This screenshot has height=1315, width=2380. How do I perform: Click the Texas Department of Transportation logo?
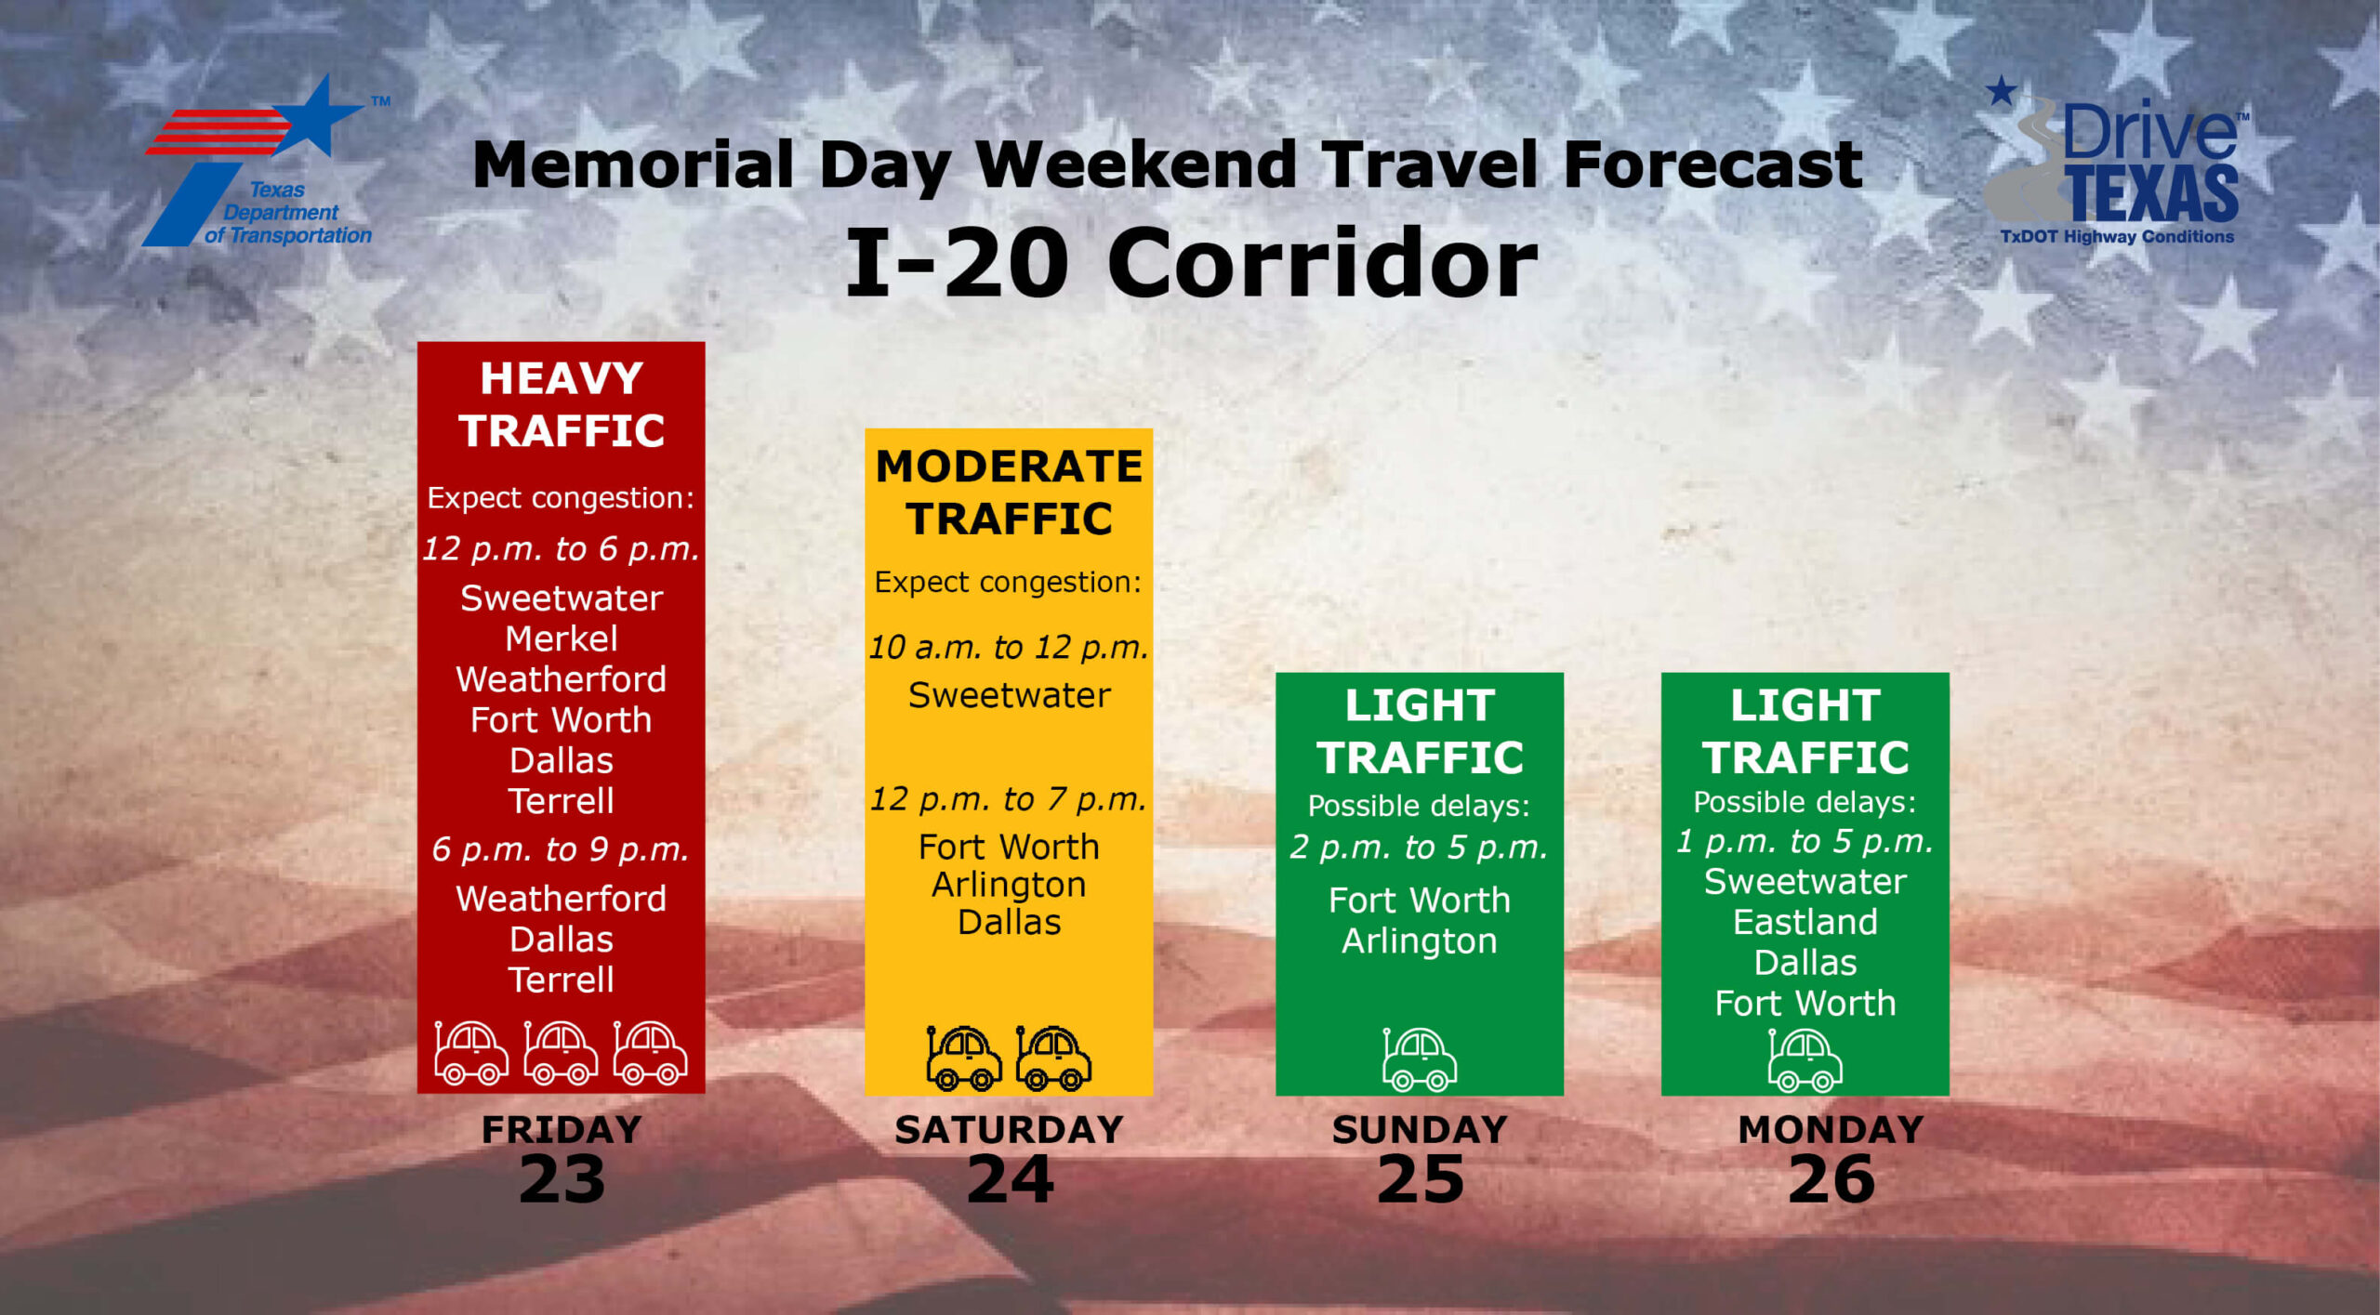click(265, 162)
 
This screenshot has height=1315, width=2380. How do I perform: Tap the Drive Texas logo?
click(2115, 163)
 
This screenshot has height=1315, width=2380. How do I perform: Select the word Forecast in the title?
click(1713, 164)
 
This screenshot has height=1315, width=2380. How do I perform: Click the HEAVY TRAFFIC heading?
click(562, 404)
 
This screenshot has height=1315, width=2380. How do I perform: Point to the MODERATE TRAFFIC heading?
click(1009, 492)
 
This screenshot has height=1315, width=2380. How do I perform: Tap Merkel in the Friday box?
click(562, 638)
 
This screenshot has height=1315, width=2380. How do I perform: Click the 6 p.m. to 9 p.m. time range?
click(561, 849)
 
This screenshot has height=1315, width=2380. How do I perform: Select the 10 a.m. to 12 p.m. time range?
click(1009, 647)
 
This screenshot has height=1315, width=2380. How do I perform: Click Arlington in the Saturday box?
click(1009, 886)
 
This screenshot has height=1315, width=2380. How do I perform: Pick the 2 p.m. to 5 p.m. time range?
click(1419, 848)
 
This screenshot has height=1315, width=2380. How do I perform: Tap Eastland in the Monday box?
click(1805, 922)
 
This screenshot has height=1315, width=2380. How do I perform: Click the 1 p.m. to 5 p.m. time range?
click(1805, 841)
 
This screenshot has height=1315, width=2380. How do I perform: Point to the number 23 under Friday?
click(562, 1179)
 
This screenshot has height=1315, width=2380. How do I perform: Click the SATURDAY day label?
click(1009, 1129)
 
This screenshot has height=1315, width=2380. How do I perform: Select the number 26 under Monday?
click(1831, 1179)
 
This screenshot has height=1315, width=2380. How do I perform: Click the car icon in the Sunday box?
click(1419, 1059)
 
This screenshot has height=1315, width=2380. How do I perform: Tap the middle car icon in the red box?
click(561, 1053)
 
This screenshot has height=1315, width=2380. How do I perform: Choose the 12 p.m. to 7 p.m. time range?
click(1009, 799)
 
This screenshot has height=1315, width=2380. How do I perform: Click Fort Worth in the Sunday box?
click(1419, 900)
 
